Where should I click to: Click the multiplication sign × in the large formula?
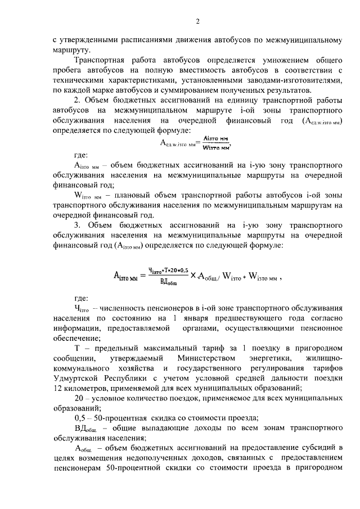click(x=192, y=276)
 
